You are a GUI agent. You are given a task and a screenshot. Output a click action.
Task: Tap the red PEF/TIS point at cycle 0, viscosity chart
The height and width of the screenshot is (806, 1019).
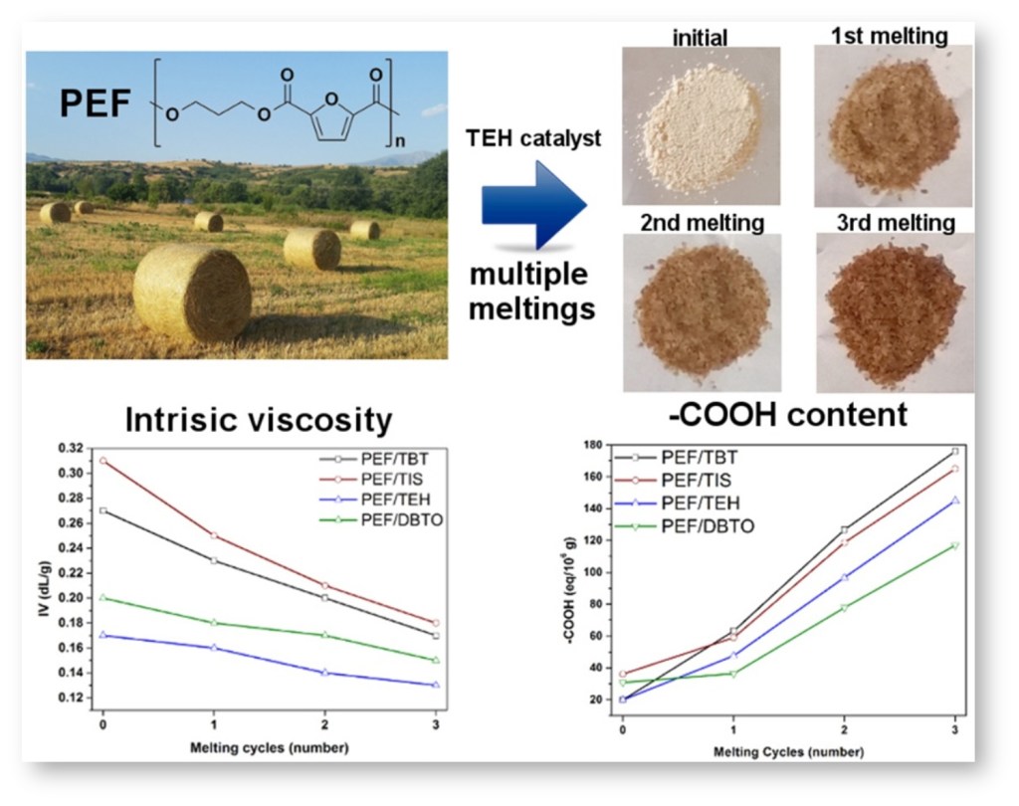[x=102, y=461]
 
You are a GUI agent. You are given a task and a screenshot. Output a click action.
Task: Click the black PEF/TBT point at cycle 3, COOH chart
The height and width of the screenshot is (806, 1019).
[x=955, y=451]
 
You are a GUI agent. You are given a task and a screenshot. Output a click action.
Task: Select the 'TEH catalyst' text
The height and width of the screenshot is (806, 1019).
[x=534, y=139]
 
